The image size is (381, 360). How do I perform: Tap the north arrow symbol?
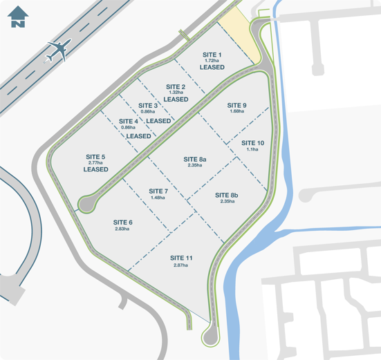[x=19, y=17]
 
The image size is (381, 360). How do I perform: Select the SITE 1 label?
[x=212, y=54]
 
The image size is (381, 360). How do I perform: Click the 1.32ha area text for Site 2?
[x=176, y=93]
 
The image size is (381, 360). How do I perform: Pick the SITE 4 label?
[x=128, y=121]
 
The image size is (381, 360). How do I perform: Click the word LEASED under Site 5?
[x=96, y=169]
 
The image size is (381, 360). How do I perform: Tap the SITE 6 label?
[x=122, y=222]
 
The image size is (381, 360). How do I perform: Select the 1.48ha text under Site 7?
[x=158, y=198]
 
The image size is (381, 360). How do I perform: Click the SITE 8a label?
[x=195, y=159]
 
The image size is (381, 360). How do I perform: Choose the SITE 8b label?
[x=226, y=194]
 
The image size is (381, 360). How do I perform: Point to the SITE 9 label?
[x=236, y=105]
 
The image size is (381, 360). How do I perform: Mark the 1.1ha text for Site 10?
[x=252, y=149]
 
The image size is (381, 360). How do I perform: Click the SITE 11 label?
[x=181, y=258]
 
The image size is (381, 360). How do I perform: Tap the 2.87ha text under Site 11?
[x=181, y=265]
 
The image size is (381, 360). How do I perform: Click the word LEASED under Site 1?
[x=212, y=68]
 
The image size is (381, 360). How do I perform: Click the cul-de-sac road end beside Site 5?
[x=86, y=204]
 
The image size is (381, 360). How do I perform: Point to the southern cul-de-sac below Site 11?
[x=210, y=338]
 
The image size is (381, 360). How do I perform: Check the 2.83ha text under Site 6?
[x=122, y=229]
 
